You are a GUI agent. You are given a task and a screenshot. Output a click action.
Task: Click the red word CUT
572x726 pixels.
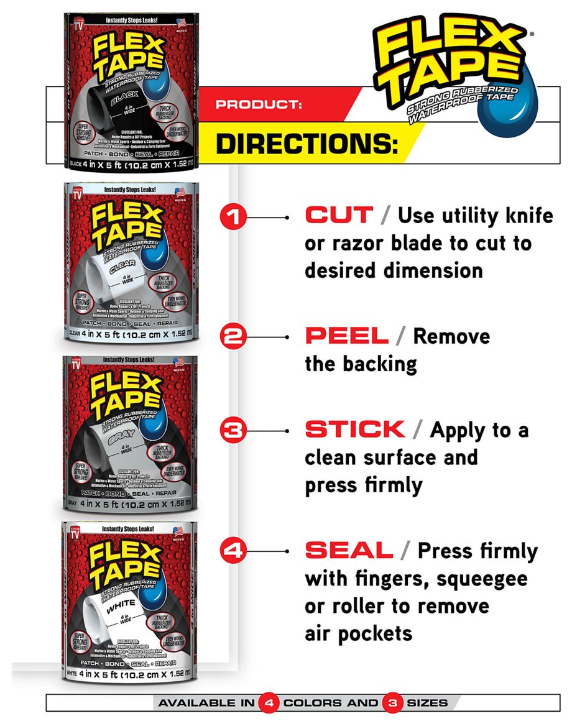[339, 216]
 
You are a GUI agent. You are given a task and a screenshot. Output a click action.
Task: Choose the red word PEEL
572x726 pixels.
[346, 336]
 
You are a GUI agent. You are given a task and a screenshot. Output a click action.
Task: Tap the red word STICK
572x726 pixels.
[354, 430]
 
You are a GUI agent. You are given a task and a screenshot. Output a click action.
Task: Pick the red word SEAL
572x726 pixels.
[349, 550]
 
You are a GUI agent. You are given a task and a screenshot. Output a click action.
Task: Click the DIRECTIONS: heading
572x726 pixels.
[307, 144]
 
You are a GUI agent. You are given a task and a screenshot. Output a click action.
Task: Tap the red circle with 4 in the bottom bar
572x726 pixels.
[269, 703]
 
